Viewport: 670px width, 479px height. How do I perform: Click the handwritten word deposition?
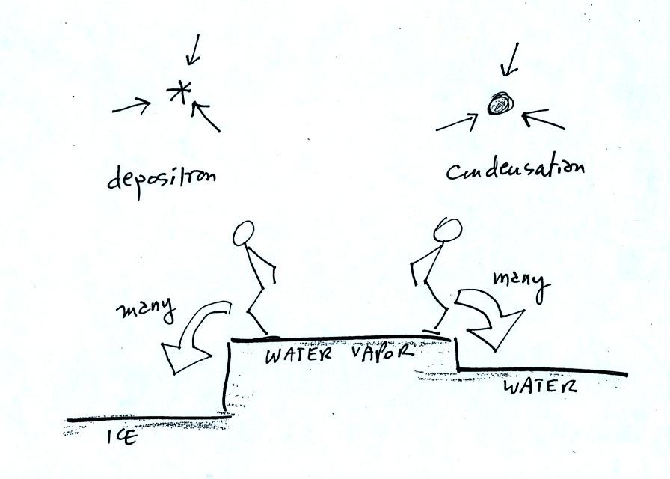point(162,179)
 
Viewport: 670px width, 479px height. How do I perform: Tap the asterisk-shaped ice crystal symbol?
point(179,92)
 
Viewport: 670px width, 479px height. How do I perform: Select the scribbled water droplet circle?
point(500,104)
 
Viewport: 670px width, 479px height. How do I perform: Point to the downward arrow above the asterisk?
point(194,50)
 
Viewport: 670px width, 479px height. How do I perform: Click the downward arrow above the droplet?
point(511,59)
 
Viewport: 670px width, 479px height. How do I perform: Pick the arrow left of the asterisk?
point(132,106)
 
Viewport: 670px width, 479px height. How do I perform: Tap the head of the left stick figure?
point(244,233)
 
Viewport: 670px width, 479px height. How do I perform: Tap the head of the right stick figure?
point(447,230)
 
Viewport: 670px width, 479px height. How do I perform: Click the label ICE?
point(122,437)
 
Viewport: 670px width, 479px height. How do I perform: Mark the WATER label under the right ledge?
point(541,386)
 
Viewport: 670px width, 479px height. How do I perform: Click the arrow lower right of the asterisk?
point(205,116)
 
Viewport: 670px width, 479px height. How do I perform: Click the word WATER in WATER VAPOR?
point(298,355)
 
